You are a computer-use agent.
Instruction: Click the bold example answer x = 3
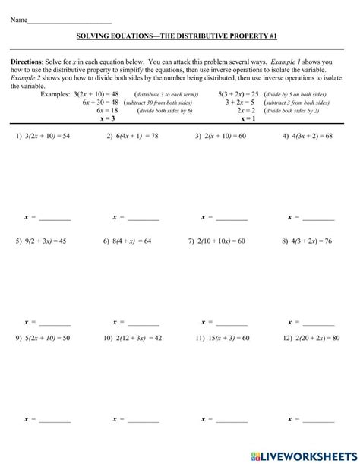pyautogui.click(x=108, y=118)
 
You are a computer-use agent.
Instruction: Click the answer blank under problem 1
pyautogui.click(x=54, y=219)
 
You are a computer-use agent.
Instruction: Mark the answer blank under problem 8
pyautogui.click(x=319, y=322)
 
